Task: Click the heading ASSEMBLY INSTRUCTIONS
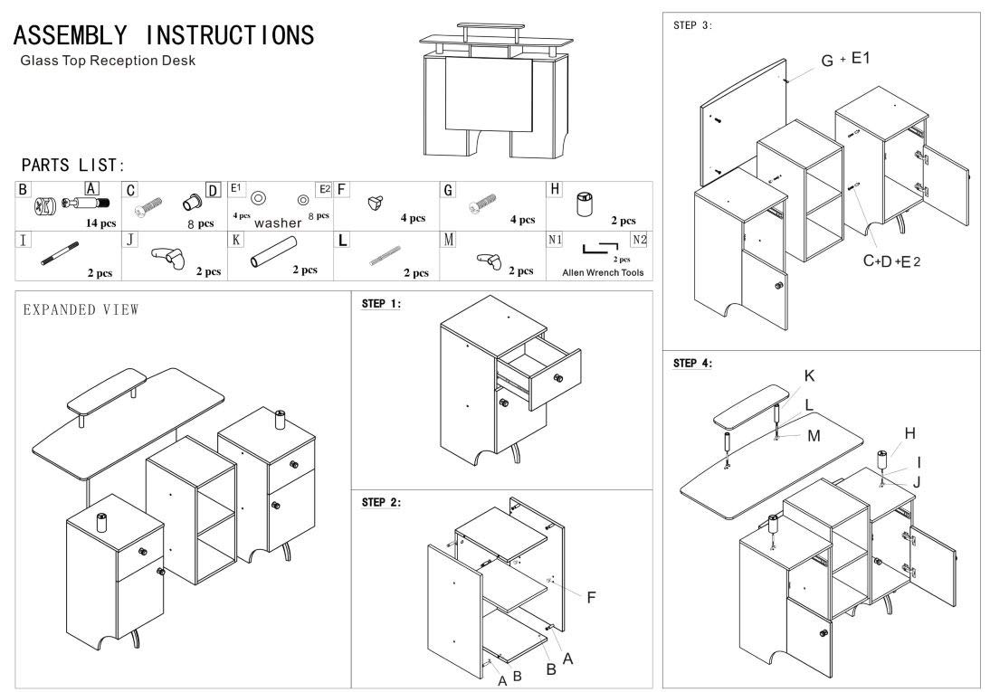click(165, 35)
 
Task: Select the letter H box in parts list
click(555, 190)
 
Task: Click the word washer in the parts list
click(277, 222)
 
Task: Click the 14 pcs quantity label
click(100, 222)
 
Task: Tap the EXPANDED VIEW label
click(81, 309)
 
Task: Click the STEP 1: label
click(382, 304)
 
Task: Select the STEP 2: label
click(382, 501)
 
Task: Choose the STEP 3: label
click(693, 25)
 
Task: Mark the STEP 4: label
click(693, 363)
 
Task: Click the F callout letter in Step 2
click(591, 597)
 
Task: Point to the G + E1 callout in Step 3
click(845, 60)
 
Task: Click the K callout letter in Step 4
click(809, 374)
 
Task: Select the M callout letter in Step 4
click(814, 435)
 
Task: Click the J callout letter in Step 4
click(917, 481)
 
